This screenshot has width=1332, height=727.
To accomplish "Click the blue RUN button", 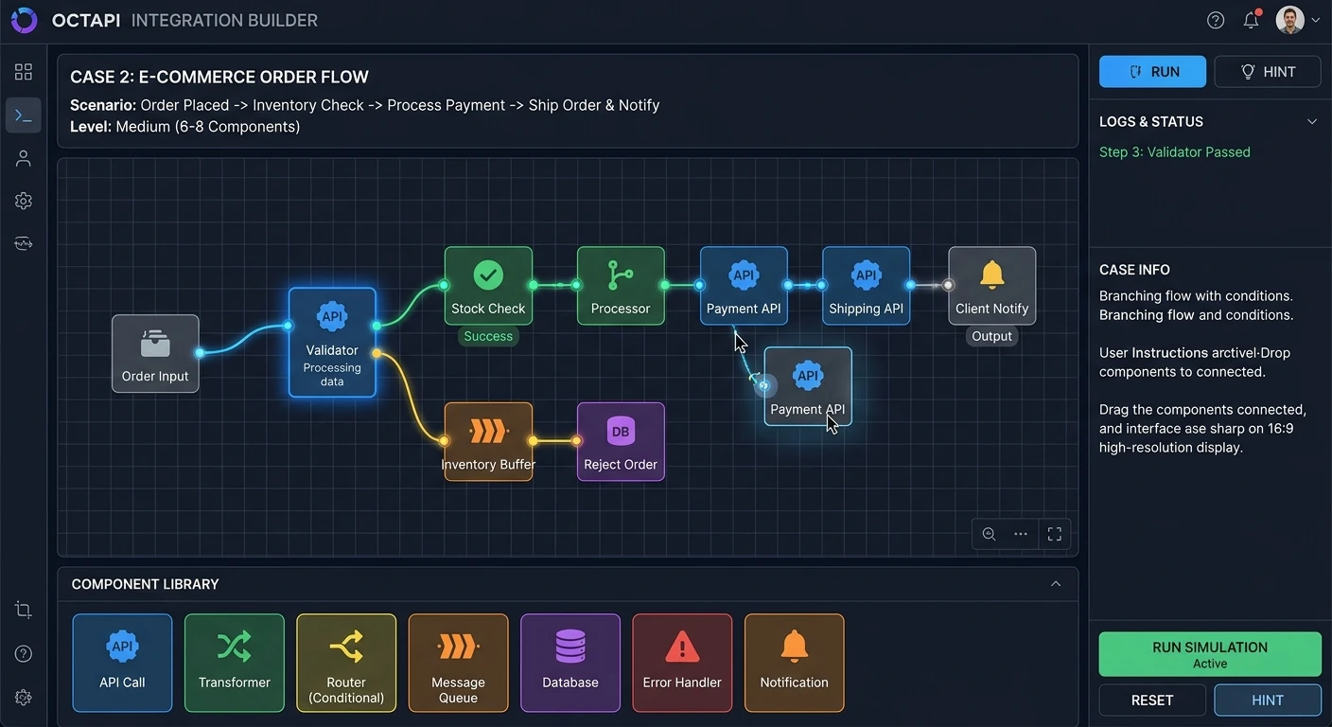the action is point(1152,72).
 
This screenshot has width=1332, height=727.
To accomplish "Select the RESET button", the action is point(1152,700).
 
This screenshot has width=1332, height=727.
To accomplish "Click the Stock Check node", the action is point(488,286).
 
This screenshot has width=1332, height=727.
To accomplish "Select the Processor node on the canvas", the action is point(621,286).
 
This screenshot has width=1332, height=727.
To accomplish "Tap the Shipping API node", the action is point(866,286).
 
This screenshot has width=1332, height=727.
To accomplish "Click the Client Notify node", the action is point(991,286).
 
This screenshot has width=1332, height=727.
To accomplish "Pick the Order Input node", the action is point(155,353).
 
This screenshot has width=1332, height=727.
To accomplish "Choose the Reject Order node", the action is point(621,441).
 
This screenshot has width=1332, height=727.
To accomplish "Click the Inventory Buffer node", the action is point(488,441).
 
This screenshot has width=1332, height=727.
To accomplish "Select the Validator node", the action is point(332,342).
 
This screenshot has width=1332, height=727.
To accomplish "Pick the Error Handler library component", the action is point(682,663).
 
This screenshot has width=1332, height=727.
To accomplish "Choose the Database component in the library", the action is point(570,663).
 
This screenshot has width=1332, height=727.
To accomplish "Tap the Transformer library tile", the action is point(235,663).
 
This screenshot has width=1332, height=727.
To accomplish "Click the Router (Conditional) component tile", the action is point(346,663).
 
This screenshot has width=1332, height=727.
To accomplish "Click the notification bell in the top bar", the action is point(1252,20).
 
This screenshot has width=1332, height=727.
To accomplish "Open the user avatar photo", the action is point(1289,20).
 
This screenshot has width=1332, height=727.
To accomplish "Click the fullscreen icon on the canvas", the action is point(1054,534).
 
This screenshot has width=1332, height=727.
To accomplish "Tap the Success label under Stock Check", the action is point(488,336).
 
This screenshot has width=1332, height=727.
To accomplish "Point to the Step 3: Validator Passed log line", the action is point(1174,152).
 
